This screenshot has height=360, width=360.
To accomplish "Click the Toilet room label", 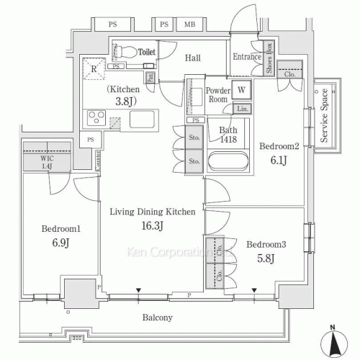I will (147, 52).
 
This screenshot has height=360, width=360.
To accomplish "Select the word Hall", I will (192, 58).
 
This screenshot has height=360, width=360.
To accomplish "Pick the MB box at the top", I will (189, 24).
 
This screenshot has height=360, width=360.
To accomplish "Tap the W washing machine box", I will (242, 91).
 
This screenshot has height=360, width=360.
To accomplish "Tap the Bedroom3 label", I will (266, 244).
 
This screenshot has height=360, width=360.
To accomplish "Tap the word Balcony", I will (156, 318).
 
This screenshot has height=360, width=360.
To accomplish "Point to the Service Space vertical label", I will (325, 115).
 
